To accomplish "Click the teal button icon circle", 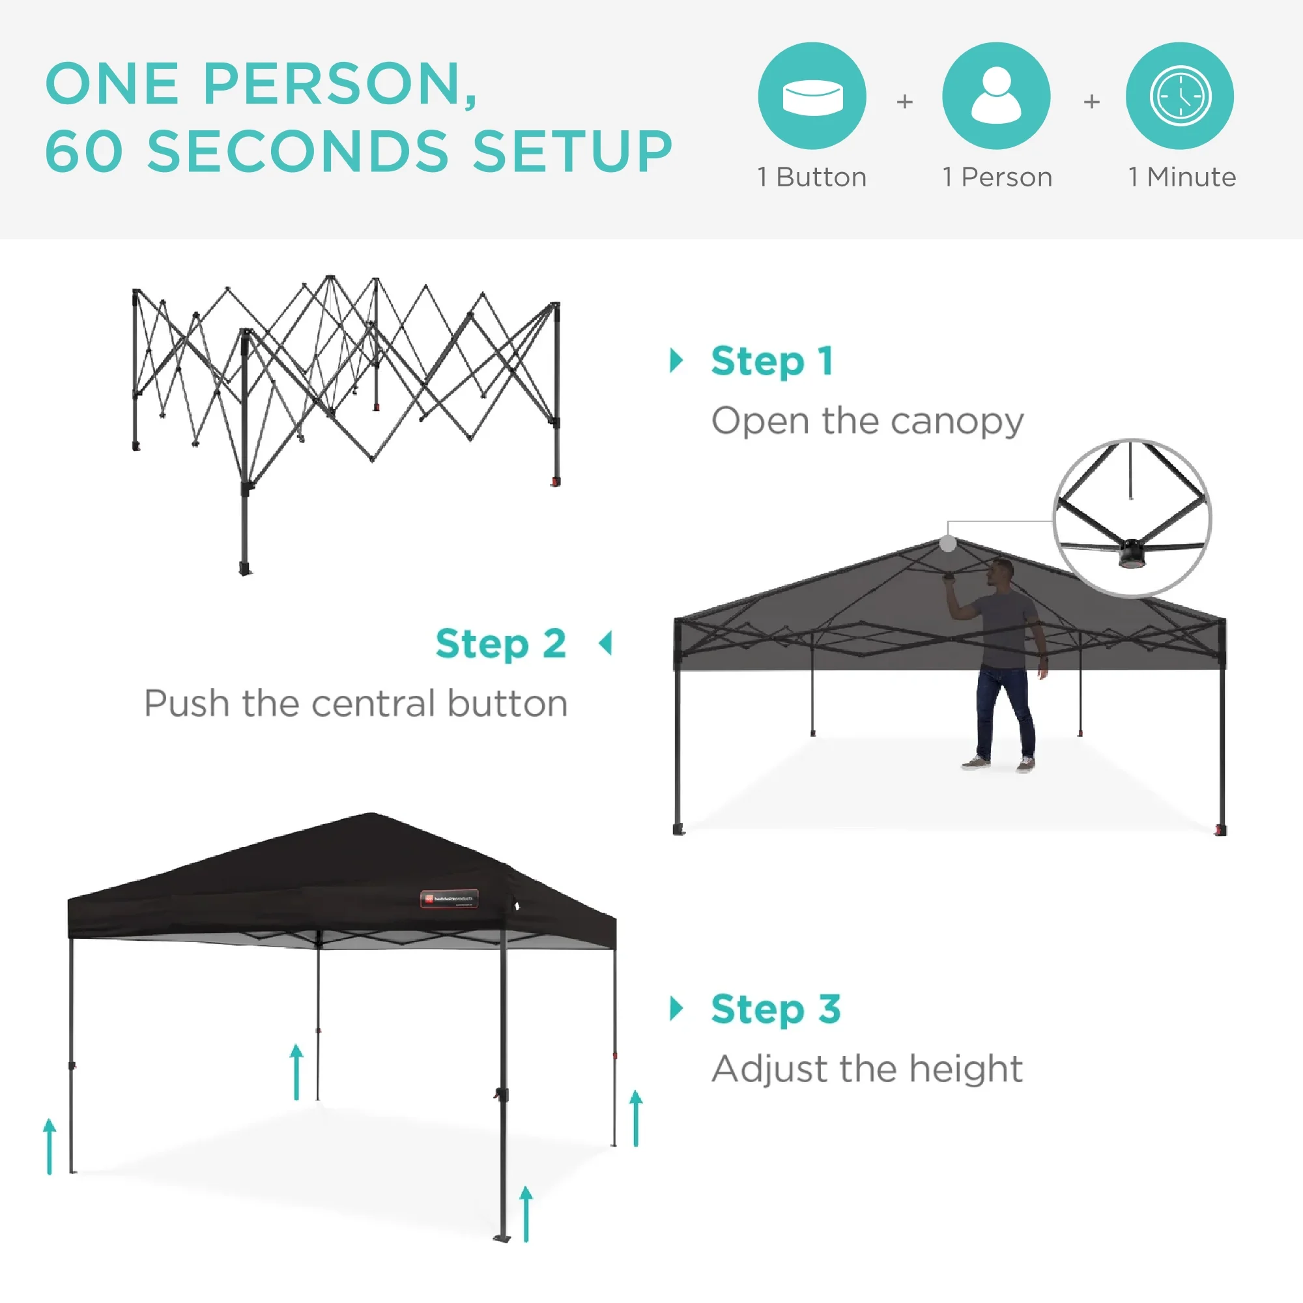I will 812,96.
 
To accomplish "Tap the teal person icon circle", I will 996,96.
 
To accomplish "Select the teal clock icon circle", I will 1180,96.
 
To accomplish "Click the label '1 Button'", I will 812,177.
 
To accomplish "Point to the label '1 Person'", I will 997,177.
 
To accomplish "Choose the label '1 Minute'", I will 1182,177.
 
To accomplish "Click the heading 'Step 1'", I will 772,361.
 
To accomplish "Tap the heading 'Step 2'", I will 500,644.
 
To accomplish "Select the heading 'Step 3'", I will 775,1009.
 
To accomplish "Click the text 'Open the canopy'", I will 867,421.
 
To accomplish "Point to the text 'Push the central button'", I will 356,704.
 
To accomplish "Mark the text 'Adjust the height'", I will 867,1068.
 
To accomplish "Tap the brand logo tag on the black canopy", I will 449,898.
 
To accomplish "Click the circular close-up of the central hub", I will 1132,518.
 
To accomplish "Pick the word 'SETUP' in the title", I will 572,151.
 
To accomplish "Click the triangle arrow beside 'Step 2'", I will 606,644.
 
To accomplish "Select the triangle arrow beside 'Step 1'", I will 676,361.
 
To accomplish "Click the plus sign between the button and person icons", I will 904,101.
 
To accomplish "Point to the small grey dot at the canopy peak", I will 947,543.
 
